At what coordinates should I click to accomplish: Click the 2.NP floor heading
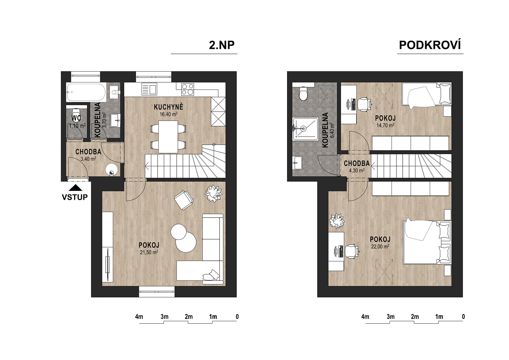pyautogui.click(x=222, y=45)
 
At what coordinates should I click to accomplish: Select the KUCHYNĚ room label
pyautogui.click(x=168, y=107)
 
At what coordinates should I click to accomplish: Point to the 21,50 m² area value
pyautogui.click(x=149, y=252)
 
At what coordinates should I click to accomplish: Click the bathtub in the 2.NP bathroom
pyautogui.click(x=86, y=92)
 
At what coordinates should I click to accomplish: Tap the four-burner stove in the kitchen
pyautogui.click(x=188, y=89)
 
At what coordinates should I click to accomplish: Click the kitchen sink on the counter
pyautogui.click(x=149, y=89)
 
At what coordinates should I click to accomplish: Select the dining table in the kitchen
pyautogui.click(x=168, y=137)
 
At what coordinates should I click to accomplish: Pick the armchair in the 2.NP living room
pyautogui.click(x=183, y=200)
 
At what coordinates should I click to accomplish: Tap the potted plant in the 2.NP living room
pyautogui.click(x=214, y=193)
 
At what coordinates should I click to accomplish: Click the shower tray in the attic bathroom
pyautogui.click(x=305, y=129)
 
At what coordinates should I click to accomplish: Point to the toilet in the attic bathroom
pyautogui.click(x=303, y=94)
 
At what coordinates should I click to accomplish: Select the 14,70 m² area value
pyautogui.click(x=385, y=125)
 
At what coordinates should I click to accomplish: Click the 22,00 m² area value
pyautogui.click(x=380, y=246)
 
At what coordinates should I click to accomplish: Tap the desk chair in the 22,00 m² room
pyautogui.click(x=352, y=251)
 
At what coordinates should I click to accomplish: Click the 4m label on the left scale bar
pyautogui.click(x=139, y=316)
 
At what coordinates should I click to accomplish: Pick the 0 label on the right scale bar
pyautogui.click(x=463, y=316)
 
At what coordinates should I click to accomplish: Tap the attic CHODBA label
pyautogui.click(x=357, y=163)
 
